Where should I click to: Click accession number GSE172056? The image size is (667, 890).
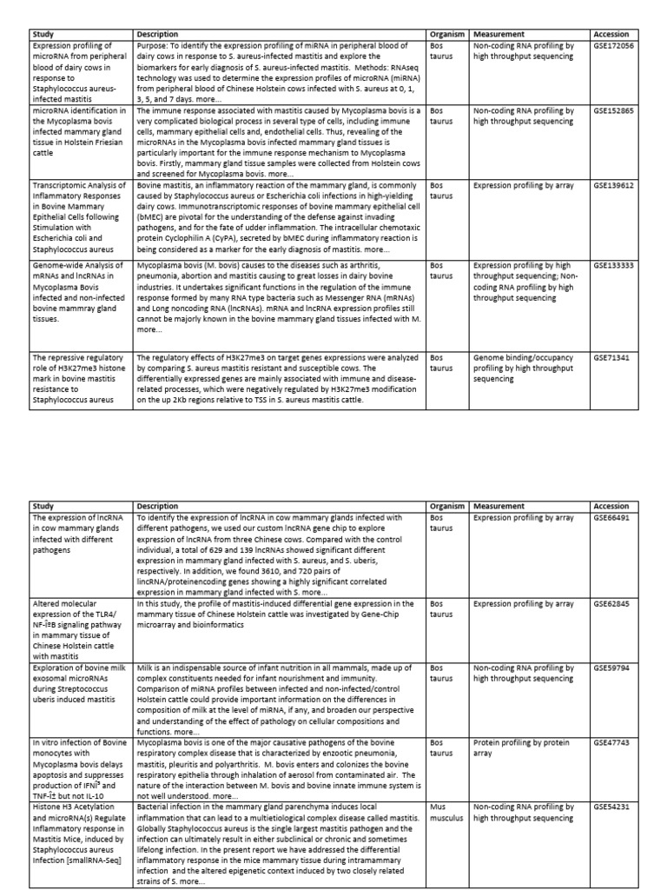click(x=613, y=45)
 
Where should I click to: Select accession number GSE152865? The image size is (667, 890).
click(x=613, y=111)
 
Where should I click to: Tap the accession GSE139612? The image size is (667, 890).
click(x=613, y=185)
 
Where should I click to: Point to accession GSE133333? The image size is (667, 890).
click(x=613, y=264)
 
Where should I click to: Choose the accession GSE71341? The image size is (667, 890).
click(x=611, y=357)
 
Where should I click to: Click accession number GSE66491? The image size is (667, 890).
click(x=611, y=517)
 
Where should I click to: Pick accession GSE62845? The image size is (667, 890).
click(x=611, y=603)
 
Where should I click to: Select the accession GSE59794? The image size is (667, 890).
click(x=611, y=670)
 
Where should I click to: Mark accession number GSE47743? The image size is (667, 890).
click(x=611, y=743)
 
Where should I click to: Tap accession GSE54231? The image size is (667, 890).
click(x=611, y=807)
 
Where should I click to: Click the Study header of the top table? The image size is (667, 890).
click(x=44, y=35)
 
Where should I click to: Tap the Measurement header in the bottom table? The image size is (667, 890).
click(x=499, y=506)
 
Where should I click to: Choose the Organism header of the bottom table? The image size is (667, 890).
click(x=448, y=506)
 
